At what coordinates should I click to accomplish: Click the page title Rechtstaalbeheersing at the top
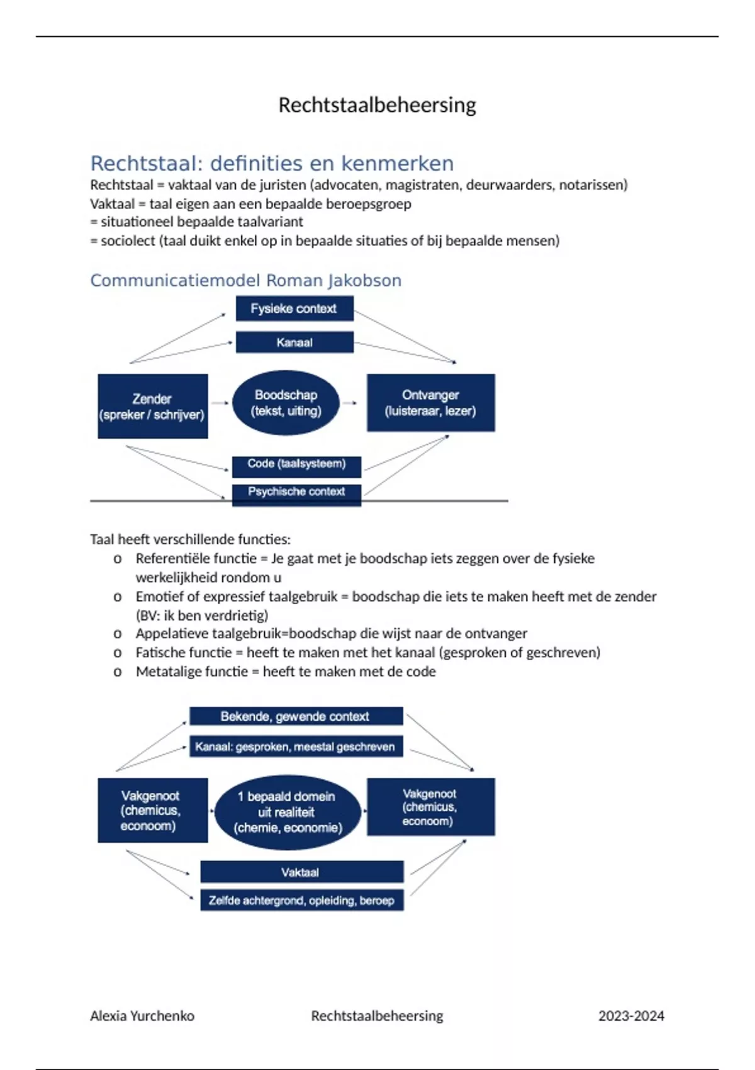(x=377, y=104)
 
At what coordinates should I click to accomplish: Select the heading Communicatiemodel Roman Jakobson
(x=245, y=280)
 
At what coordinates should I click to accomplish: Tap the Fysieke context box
(x=294, y=308)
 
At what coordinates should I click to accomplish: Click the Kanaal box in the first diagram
(x=294, y=342)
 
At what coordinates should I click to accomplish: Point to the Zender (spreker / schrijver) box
(x=152, y=406)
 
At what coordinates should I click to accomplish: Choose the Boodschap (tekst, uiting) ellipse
(x=286, y=403)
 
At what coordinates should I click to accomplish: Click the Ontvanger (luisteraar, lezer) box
(x=430, y=403)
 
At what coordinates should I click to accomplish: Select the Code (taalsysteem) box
(x=296, y=465)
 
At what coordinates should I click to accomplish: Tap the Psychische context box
(x=296, y=492)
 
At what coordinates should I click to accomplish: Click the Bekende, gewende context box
(x=296, y=716)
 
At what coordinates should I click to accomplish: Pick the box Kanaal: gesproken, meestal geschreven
(x=296, y=746)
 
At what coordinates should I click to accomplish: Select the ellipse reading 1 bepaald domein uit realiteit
(x=288, y=812)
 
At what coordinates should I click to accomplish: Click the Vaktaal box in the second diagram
(x=301, y=872)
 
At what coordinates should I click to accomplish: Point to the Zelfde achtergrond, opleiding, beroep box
(x=301, y=900)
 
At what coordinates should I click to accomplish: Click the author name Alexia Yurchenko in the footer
(x=142, y=1015)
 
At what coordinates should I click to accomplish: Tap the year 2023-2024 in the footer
(x=631, y=1015)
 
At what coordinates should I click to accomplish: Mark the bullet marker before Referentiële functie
(x=118, y=559)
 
